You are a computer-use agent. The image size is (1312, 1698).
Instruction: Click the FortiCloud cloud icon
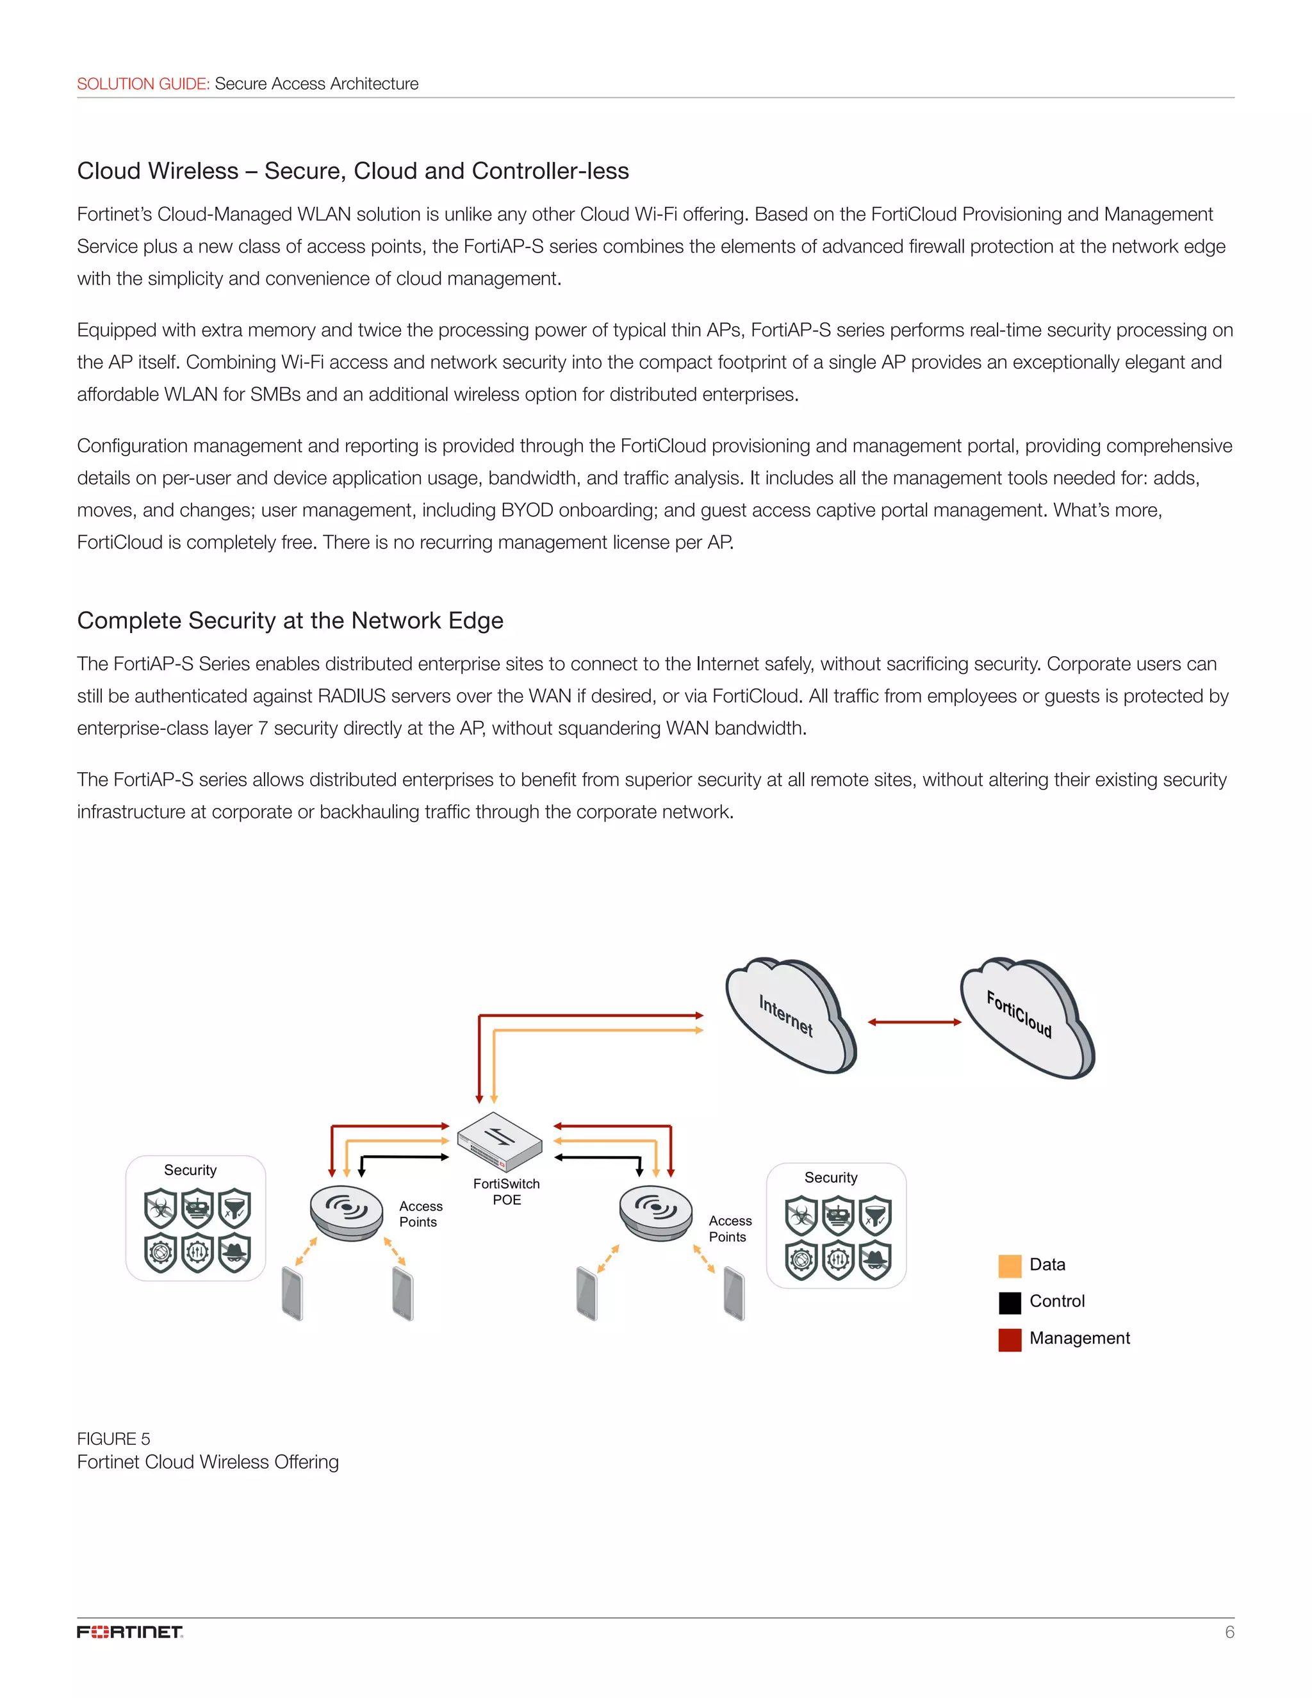point(1026,1016)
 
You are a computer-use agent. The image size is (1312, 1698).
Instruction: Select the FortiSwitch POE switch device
point(500,1141)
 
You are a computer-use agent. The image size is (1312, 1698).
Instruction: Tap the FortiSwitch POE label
point(506,1191)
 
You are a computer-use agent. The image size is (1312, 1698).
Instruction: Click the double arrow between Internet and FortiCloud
point(914,1023)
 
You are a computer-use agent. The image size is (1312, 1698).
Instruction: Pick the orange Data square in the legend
point(1009,1265)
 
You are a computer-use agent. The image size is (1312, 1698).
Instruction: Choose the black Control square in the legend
point(1009,1302)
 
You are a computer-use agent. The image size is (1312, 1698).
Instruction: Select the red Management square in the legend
point(1009,1340)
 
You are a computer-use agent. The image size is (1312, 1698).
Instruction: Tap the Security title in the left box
point(190,1170)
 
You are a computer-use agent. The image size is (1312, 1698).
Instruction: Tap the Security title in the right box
point(831,1178)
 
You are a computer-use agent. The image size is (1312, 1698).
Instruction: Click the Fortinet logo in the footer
point(130,1631)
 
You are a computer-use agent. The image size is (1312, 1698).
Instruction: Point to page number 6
point(1229,1632)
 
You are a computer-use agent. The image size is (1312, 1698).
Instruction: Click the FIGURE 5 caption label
point(113,1438)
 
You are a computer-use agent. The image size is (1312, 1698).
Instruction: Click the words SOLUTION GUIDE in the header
point(143,84)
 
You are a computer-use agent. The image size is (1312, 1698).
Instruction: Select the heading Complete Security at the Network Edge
point(290,620)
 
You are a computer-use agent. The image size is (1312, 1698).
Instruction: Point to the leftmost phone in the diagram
point(292,1294)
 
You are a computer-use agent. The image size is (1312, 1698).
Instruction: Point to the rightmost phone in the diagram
point(734,1294)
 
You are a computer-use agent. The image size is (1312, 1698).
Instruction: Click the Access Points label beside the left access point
point(420,1214)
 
